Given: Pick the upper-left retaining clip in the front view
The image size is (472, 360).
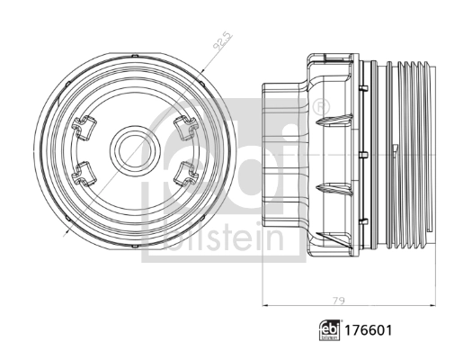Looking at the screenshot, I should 86,127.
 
